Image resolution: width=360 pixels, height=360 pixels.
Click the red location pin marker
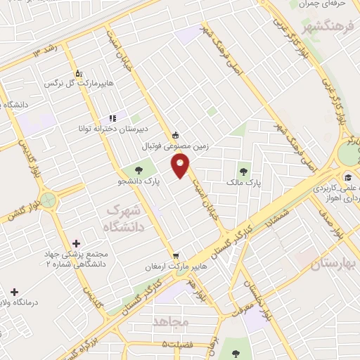pos(181,165)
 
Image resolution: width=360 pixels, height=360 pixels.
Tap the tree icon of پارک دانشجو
pos(139,169)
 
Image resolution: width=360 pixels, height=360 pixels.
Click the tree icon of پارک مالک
pos(244,169)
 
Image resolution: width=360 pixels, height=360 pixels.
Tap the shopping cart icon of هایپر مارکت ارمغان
pos(175,255)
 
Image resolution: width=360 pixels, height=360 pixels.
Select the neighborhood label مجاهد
pos(172,321)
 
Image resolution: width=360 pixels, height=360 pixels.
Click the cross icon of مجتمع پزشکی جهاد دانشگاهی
pos(76,243)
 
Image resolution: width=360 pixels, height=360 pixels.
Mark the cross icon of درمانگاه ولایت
pos(14,291)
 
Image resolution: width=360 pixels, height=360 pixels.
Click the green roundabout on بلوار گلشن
pos(48,200)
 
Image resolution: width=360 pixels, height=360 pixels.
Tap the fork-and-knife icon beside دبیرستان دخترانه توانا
pos(112,118)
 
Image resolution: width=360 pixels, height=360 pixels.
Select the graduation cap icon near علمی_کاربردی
pos(348,176)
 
